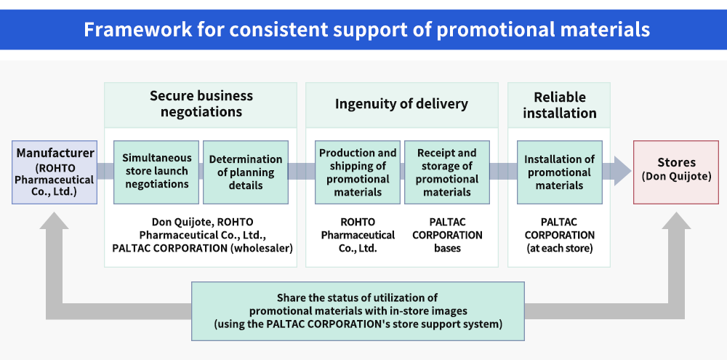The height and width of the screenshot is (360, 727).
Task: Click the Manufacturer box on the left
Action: (55, 172)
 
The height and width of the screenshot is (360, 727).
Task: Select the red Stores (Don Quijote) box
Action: (676, 172)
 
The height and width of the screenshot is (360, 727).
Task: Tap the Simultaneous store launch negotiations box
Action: (156, 172)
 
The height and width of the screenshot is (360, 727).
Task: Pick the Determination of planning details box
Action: (246, 172)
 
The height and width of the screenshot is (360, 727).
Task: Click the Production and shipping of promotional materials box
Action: (358, 172)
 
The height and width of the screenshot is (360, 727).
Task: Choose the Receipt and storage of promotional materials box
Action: (447, 172)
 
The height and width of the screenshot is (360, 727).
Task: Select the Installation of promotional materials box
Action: (560, 172)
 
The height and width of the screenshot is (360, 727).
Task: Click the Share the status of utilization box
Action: (358, 311)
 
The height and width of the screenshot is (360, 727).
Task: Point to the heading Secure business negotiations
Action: (201, 103)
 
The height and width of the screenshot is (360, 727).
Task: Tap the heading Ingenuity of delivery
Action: (401, 104)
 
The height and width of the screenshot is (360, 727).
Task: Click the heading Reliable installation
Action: (560, 105)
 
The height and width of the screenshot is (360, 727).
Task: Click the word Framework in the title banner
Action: (137, 30)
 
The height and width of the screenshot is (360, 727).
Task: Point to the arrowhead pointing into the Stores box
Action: (623, 171)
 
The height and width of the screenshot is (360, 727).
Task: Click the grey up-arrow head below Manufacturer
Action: (55, 220)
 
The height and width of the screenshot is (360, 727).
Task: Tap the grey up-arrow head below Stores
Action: (676, 220)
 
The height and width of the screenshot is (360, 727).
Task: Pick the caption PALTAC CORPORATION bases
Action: (447, 235)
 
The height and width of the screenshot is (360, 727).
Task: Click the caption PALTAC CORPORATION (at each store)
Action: (560, 235)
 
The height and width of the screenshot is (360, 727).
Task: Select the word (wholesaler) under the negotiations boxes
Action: (262, 248)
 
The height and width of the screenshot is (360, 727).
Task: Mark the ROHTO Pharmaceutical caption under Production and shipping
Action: (358, 235)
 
